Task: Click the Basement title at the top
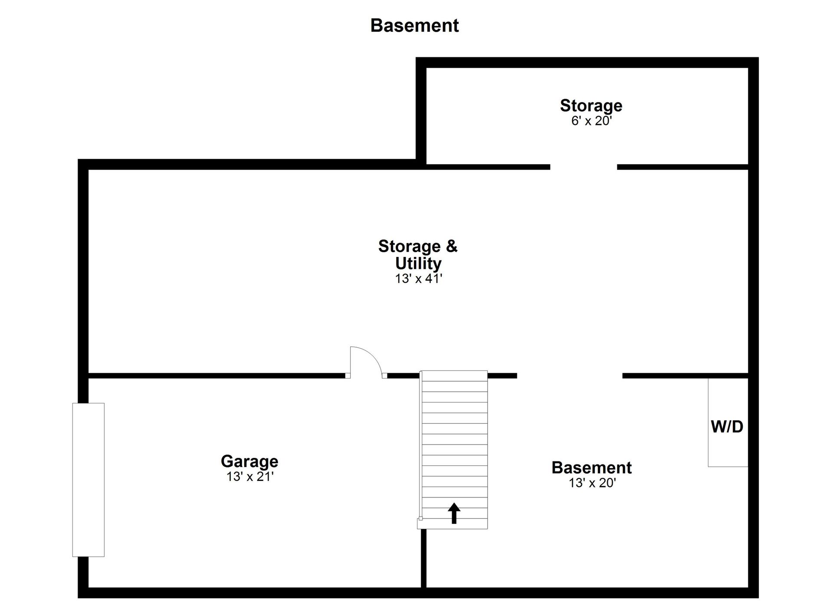coord(414,26)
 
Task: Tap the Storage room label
coord(591,105)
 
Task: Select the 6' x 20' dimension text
coord(591,121)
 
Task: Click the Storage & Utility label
coord(418,255)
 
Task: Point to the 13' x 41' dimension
coord(418,278)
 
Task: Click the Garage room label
coord(249,461)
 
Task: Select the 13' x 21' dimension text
coord(250,477)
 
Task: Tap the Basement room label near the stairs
coord(591,468)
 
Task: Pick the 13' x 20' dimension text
coord(592,483)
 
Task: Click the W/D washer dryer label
coord(727,427)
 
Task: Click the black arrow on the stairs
coord(454,513)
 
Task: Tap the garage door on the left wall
coord(88,480)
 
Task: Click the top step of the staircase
coord(454,376)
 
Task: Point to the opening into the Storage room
coord(584,167)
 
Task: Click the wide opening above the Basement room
coord(570,375)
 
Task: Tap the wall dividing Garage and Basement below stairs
coord(423,558)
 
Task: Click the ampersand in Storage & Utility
coord(452,246)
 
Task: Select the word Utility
coord(418,263)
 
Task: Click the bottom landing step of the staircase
coord(453,524)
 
